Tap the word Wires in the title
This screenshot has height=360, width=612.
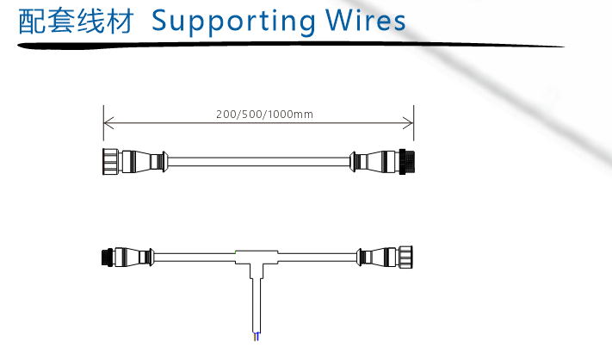(368, 21)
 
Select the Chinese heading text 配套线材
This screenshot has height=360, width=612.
(77, 22)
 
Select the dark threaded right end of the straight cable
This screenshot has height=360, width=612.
(407, 161)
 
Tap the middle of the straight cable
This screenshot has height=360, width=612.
(258, 161)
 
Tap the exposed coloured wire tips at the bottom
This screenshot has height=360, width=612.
(255, 337)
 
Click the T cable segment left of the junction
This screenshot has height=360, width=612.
(194, 257)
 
